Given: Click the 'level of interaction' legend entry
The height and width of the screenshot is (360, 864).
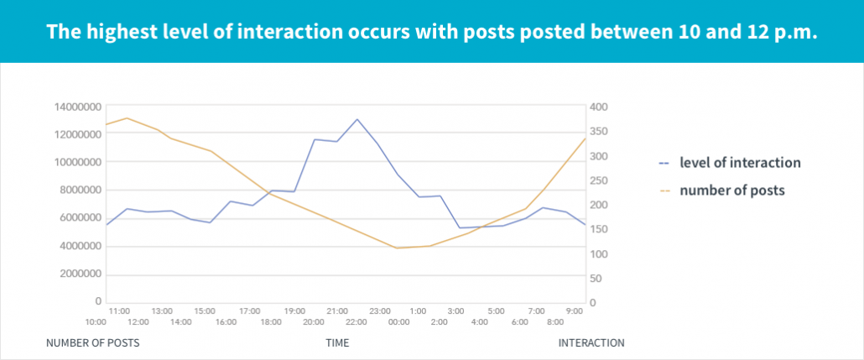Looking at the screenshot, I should tap(739, 163).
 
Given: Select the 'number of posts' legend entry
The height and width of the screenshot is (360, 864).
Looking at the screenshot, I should tap(731, 190).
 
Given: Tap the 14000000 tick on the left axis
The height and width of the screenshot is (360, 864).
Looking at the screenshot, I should tap(78, 107).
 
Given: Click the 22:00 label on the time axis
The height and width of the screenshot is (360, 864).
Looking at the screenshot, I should tap(356, 322).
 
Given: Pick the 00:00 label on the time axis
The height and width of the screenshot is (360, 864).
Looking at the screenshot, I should tap(398, 322).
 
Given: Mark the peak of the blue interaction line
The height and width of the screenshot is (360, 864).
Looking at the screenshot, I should tap(357, 119).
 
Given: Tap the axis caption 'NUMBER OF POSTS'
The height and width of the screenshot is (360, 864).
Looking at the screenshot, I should tap(92, 343).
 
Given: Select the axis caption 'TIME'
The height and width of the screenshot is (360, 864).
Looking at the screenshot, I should tap(337, 343).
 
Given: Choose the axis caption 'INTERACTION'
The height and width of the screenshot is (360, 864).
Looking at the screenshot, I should tap(591, 343).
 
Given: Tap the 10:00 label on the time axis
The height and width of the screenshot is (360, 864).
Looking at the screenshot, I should tap(96, 322).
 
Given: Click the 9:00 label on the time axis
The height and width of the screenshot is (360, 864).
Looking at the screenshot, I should tap(574, 311).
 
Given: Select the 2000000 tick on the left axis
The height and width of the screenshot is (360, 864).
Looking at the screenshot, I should tap(78, 274).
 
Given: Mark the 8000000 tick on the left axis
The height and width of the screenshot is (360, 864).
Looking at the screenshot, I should tap(78, 190).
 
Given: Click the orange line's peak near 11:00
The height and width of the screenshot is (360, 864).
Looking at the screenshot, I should tap(127, 118).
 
